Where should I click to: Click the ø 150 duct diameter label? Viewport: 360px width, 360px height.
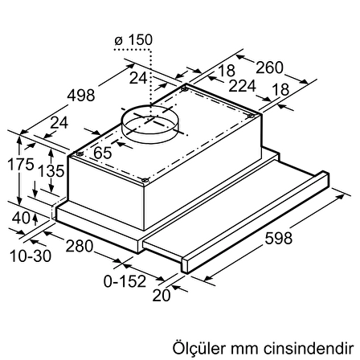[133, 40]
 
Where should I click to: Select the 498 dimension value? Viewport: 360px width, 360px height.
[81, 96]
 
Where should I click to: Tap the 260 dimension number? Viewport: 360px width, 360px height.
[269, 67]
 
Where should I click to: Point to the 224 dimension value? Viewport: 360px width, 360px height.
[243, 86]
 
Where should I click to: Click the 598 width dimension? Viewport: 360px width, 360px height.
[279, 238]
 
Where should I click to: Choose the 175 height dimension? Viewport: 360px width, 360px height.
[21, 164]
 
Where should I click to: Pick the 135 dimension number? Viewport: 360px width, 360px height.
[51, 171]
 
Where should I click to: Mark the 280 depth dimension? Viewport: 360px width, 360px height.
[80, 246]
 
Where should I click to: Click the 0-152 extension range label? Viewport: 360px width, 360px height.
[125, 281]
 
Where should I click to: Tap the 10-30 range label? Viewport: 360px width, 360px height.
[31, 256]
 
